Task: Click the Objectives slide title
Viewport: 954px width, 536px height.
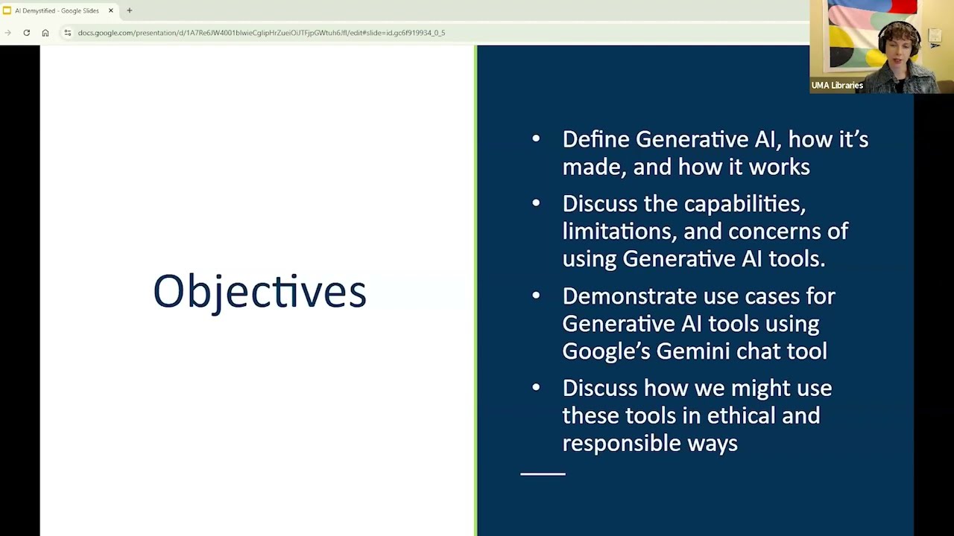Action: [259, 290]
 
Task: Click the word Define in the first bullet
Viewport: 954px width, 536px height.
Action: [596, 139]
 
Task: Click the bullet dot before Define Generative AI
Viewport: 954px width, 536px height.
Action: [536, 138]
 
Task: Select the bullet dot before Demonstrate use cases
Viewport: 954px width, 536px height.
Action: [536, 296]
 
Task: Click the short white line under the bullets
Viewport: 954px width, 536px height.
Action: [543, 473]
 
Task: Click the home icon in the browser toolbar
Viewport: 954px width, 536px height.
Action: [45, 33]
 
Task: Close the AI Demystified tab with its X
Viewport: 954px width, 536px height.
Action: [111, 10]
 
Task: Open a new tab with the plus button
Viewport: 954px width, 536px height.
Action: [130, 10]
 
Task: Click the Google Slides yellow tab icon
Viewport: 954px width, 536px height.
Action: [7, 10]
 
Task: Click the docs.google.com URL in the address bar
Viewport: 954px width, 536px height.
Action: [261, 33]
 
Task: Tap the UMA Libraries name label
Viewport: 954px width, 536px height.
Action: [837, 86]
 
